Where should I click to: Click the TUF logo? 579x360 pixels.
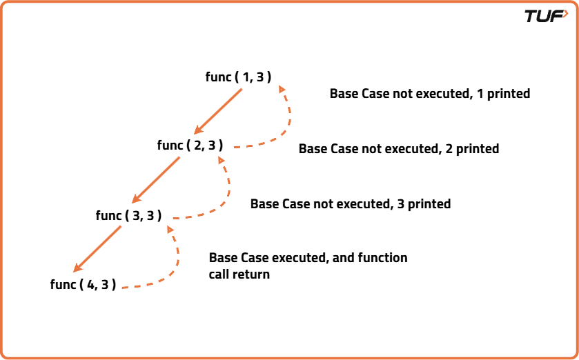[546, 16]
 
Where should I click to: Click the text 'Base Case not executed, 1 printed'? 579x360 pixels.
[429, 94]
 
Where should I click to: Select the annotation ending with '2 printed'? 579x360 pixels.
[398, 149]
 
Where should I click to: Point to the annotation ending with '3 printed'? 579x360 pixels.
[350, 204]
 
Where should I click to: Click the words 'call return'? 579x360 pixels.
[239, 274]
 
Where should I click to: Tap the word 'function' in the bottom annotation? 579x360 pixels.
[383, 258]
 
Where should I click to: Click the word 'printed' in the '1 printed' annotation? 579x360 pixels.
[508, 94]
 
